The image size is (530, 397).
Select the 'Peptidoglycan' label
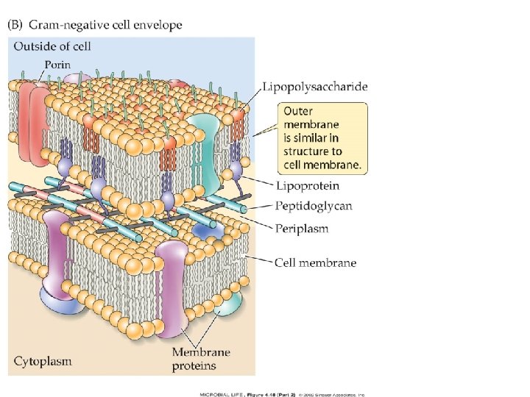pos(313,207)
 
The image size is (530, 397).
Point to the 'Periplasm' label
pos(302,228)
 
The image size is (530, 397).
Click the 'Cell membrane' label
pos(315,262)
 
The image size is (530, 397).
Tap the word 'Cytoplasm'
pos(43,361)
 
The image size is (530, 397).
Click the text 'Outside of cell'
pos(51,47)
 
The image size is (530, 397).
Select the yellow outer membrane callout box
pos(322,138)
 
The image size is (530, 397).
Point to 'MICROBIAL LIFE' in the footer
pos(222,394)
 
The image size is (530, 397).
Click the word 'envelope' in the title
pos(158,25)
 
